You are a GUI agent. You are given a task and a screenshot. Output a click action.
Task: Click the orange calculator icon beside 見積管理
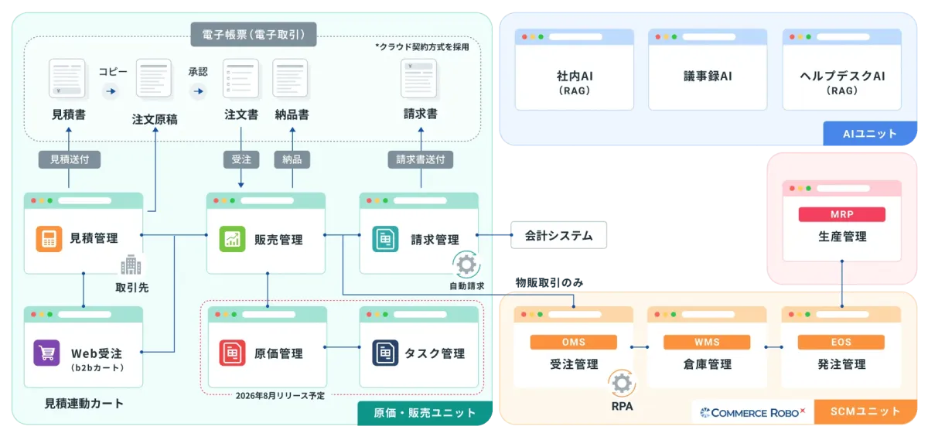point(49,239)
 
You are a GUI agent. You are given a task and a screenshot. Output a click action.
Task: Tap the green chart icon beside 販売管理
point(232,239)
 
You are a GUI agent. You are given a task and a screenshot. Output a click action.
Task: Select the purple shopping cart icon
point(47,353)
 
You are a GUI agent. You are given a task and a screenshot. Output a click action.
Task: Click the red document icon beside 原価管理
point(232,353)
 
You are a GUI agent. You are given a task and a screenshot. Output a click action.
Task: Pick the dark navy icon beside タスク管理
point(385,353)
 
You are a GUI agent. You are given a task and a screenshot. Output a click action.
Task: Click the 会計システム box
point(558,235)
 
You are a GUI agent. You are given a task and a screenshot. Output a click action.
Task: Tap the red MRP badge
point(842,214)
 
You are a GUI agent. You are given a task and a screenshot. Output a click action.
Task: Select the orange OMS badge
point(573,342)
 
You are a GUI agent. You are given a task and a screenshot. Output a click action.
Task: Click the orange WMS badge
point(707,342)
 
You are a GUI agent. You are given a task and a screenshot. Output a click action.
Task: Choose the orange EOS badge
point(841,342)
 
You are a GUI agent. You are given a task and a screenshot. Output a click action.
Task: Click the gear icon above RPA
point(622,384)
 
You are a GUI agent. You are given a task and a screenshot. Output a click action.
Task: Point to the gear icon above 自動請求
point(466,264)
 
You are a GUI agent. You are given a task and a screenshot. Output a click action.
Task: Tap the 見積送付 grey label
point(69,159)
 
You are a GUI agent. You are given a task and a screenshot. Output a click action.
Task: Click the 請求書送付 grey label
point(421,159)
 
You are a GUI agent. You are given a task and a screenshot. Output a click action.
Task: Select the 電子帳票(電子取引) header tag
point(254,34)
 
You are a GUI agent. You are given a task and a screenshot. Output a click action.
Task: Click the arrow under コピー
point(111,91)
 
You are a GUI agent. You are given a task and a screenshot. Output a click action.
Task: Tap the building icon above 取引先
point(131,264)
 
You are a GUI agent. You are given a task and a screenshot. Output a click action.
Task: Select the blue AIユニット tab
point(869,133)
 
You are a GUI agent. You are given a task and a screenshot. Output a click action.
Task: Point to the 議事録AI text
point(708,77)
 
